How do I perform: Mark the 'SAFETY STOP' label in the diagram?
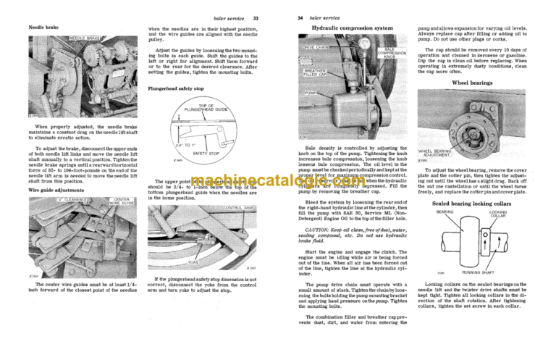[207, 154]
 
